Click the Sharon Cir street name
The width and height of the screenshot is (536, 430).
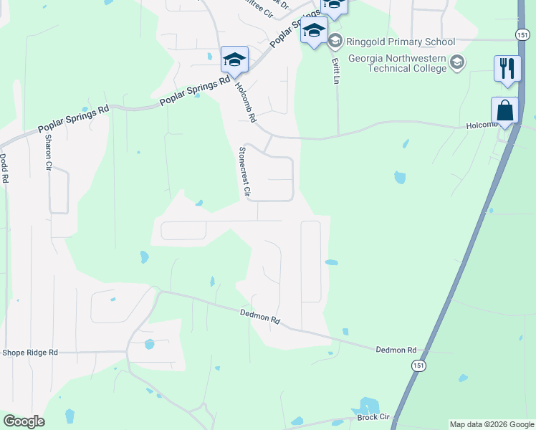[49, 151]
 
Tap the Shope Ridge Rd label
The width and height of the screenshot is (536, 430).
[29, 353]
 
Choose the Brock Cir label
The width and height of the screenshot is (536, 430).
[373, 416]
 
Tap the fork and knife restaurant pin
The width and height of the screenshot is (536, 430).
[507, 70]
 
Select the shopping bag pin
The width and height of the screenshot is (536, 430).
[504, 112]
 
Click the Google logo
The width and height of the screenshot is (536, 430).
[24, 421]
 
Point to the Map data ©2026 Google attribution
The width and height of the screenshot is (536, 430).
[492, 424]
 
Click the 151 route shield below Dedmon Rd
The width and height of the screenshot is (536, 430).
[418, 365]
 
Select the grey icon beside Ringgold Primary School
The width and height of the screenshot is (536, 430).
[335, 41]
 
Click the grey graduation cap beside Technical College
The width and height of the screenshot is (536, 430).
[456, 63]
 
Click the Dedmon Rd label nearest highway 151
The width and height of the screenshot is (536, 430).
[396, 350]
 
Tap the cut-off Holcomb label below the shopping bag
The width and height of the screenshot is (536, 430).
[482, 125]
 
